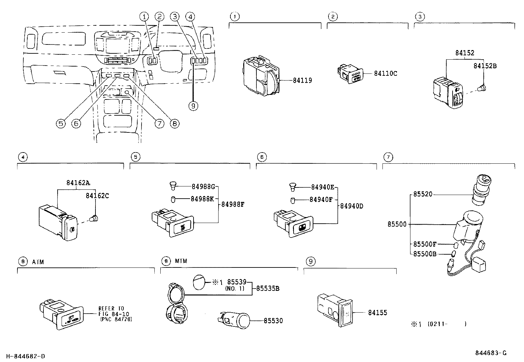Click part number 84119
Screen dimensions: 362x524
coord(302,80)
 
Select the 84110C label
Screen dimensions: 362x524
coord(385,73)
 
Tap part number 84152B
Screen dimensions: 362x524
coord(485,66)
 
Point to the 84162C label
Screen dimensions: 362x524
coord(97,196)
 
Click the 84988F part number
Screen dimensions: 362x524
coord(233,204)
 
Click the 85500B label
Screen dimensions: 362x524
coord(425,254)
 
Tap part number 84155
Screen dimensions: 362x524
coord(378,313)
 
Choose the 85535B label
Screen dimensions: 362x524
coord(268,289)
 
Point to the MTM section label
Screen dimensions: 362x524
coord(181,261)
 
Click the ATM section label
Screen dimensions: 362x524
coord(38,262)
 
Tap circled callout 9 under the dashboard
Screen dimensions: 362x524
coord(193,106)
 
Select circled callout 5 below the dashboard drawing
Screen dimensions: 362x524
coord(60,124)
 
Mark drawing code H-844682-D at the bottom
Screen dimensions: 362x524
coord(25,356)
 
